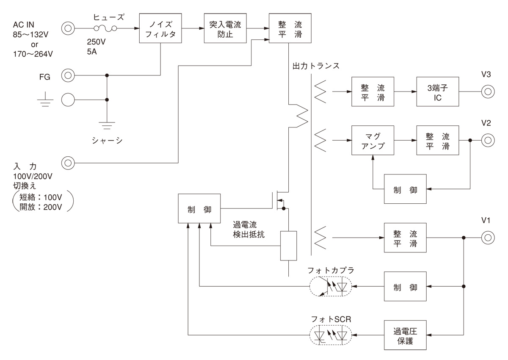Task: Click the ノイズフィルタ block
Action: click(x=160, y=28)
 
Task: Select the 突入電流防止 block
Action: click(x=225, y=28)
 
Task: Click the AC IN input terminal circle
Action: click(x=68, y=29)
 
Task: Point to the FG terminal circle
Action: click(x=68, y=76)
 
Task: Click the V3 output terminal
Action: click(x=487, y=91)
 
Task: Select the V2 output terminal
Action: click(x=487, y=140)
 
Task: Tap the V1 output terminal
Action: click(x=487, y=238)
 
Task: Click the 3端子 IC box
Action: click(x=437, y=91)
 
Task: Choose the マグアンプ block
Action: click(x=373, y=140)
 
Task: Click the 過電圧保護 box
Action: click(x=405, y=335)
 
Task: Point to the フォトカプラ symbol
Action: click(x=331, y=287)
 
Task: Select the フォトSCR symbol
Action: click(x=331, y=335)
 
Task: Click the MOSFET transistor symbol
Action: click(x=278, y=200)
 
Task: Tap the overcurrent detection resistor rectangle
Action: click(x=288, y=246)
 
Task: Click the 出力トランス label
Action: click(x=316, y=66)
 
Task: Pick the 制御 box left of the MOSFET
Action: click(x=199, y=209)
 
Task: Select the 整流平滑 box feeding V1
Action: click(x=405, y=238)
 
